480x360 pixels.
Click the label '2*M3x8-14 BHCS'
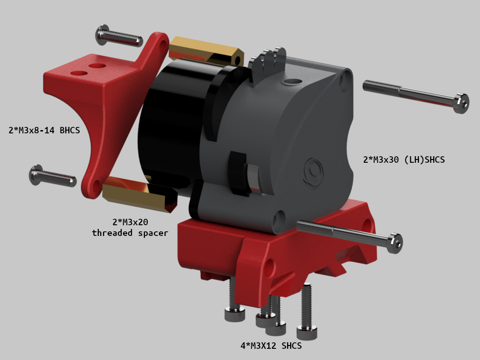pyautogui.click(x=44, y=130)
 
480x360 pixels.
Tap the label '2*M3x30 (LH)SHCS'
pyautogui.click(x=404, y=159)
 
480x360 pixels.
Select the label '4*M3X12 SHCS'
pyautogui.click(x=271, y=346)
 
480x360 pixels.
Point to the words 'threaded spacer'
pyautogui.click(x=130, y=233)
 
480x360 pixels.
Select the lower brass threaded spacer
pyautogui.click(x=140, y=194)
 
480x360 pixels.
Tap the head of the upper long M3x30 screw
pyautogui.click(x=461, y=103)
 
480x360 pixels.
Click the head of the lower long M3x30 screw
pyautogui.click(x=395, y=243)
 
